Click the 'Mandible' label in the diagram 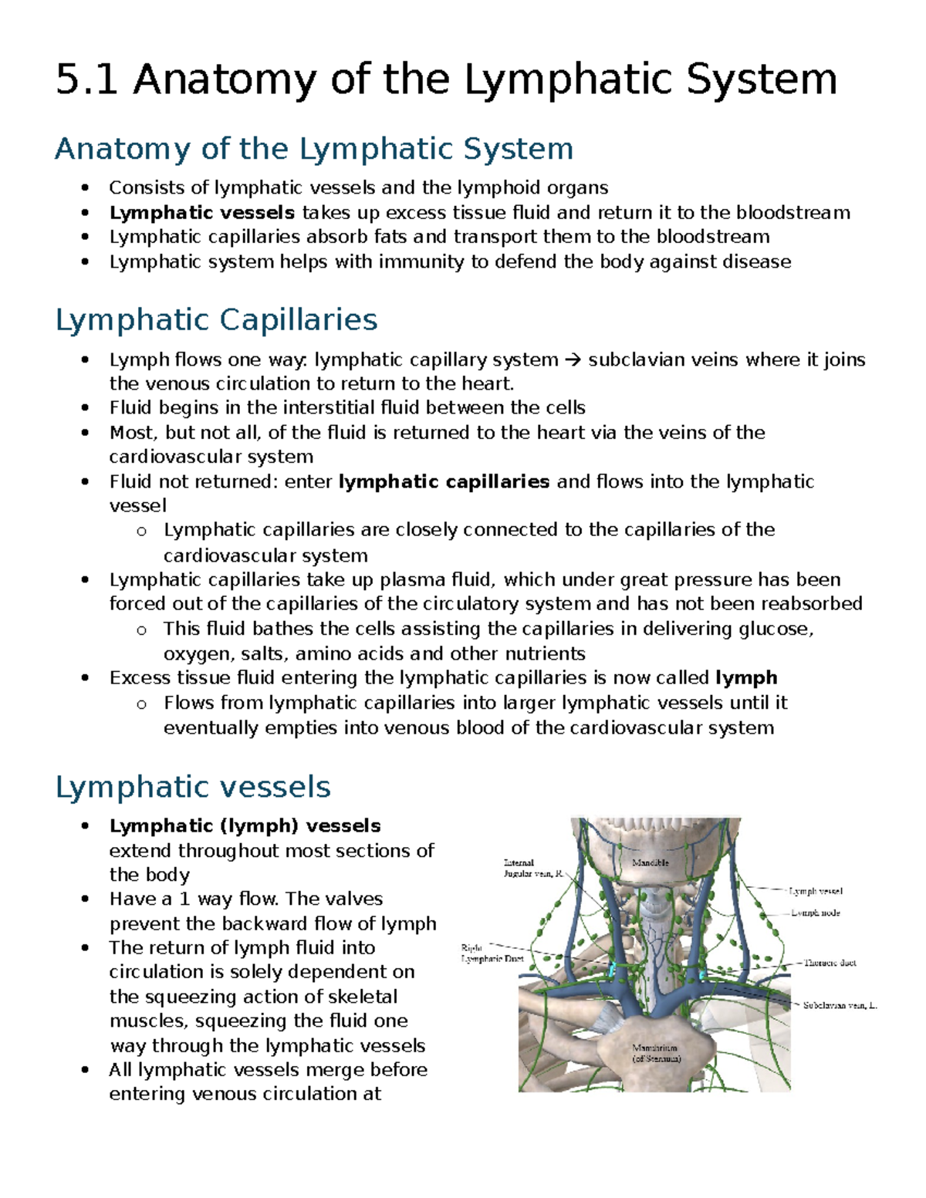(x=650, y=862)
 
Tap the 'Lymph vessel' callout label (x=816, y=891)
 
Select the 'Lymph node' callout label (x=816, y=913)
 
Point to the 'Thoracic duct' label (x=830, y=963)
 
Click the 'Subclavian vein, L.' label (x=840, y=1006)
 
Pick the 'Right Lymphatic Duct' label (x=492, y=953)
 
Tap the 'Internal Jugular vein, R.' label (x=532, y=869)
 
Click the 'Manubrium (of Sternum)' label (x=655, y=1054)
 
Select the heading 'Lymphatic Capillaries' (x=216, y=319)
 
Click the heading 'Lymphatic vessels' (x=193, y=787)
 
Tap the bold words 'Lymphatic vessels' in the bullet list (x=201, y=212)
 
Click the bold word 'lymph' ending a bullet (x=746, y=677)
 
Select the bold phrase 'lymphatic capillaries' (x=444, y=481)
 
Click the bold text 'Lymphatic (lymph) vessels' (x=245, y=825)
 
